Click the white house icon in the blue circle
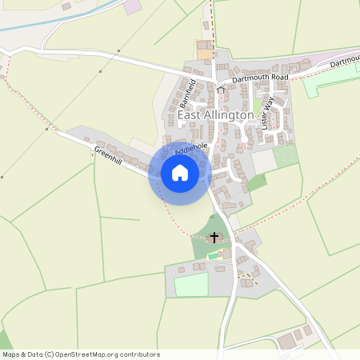tap(179, 173)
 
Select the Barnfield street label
tap(186, 94)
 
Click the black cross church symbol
tap(214, 237)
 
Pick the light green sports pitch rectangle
tap(191, 284)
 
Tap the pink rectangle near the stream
tap(131, 6)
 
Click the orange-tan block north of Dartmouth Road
tap(206, 54)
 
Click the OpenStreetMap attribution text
tap(81, 354)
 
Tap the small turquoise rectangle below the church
tap(213, 256)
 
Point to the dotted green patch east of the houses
tap(286, 154)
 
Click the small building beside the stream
tap(66, 6)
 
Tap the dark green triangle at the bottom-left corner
tap(4, 339)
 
